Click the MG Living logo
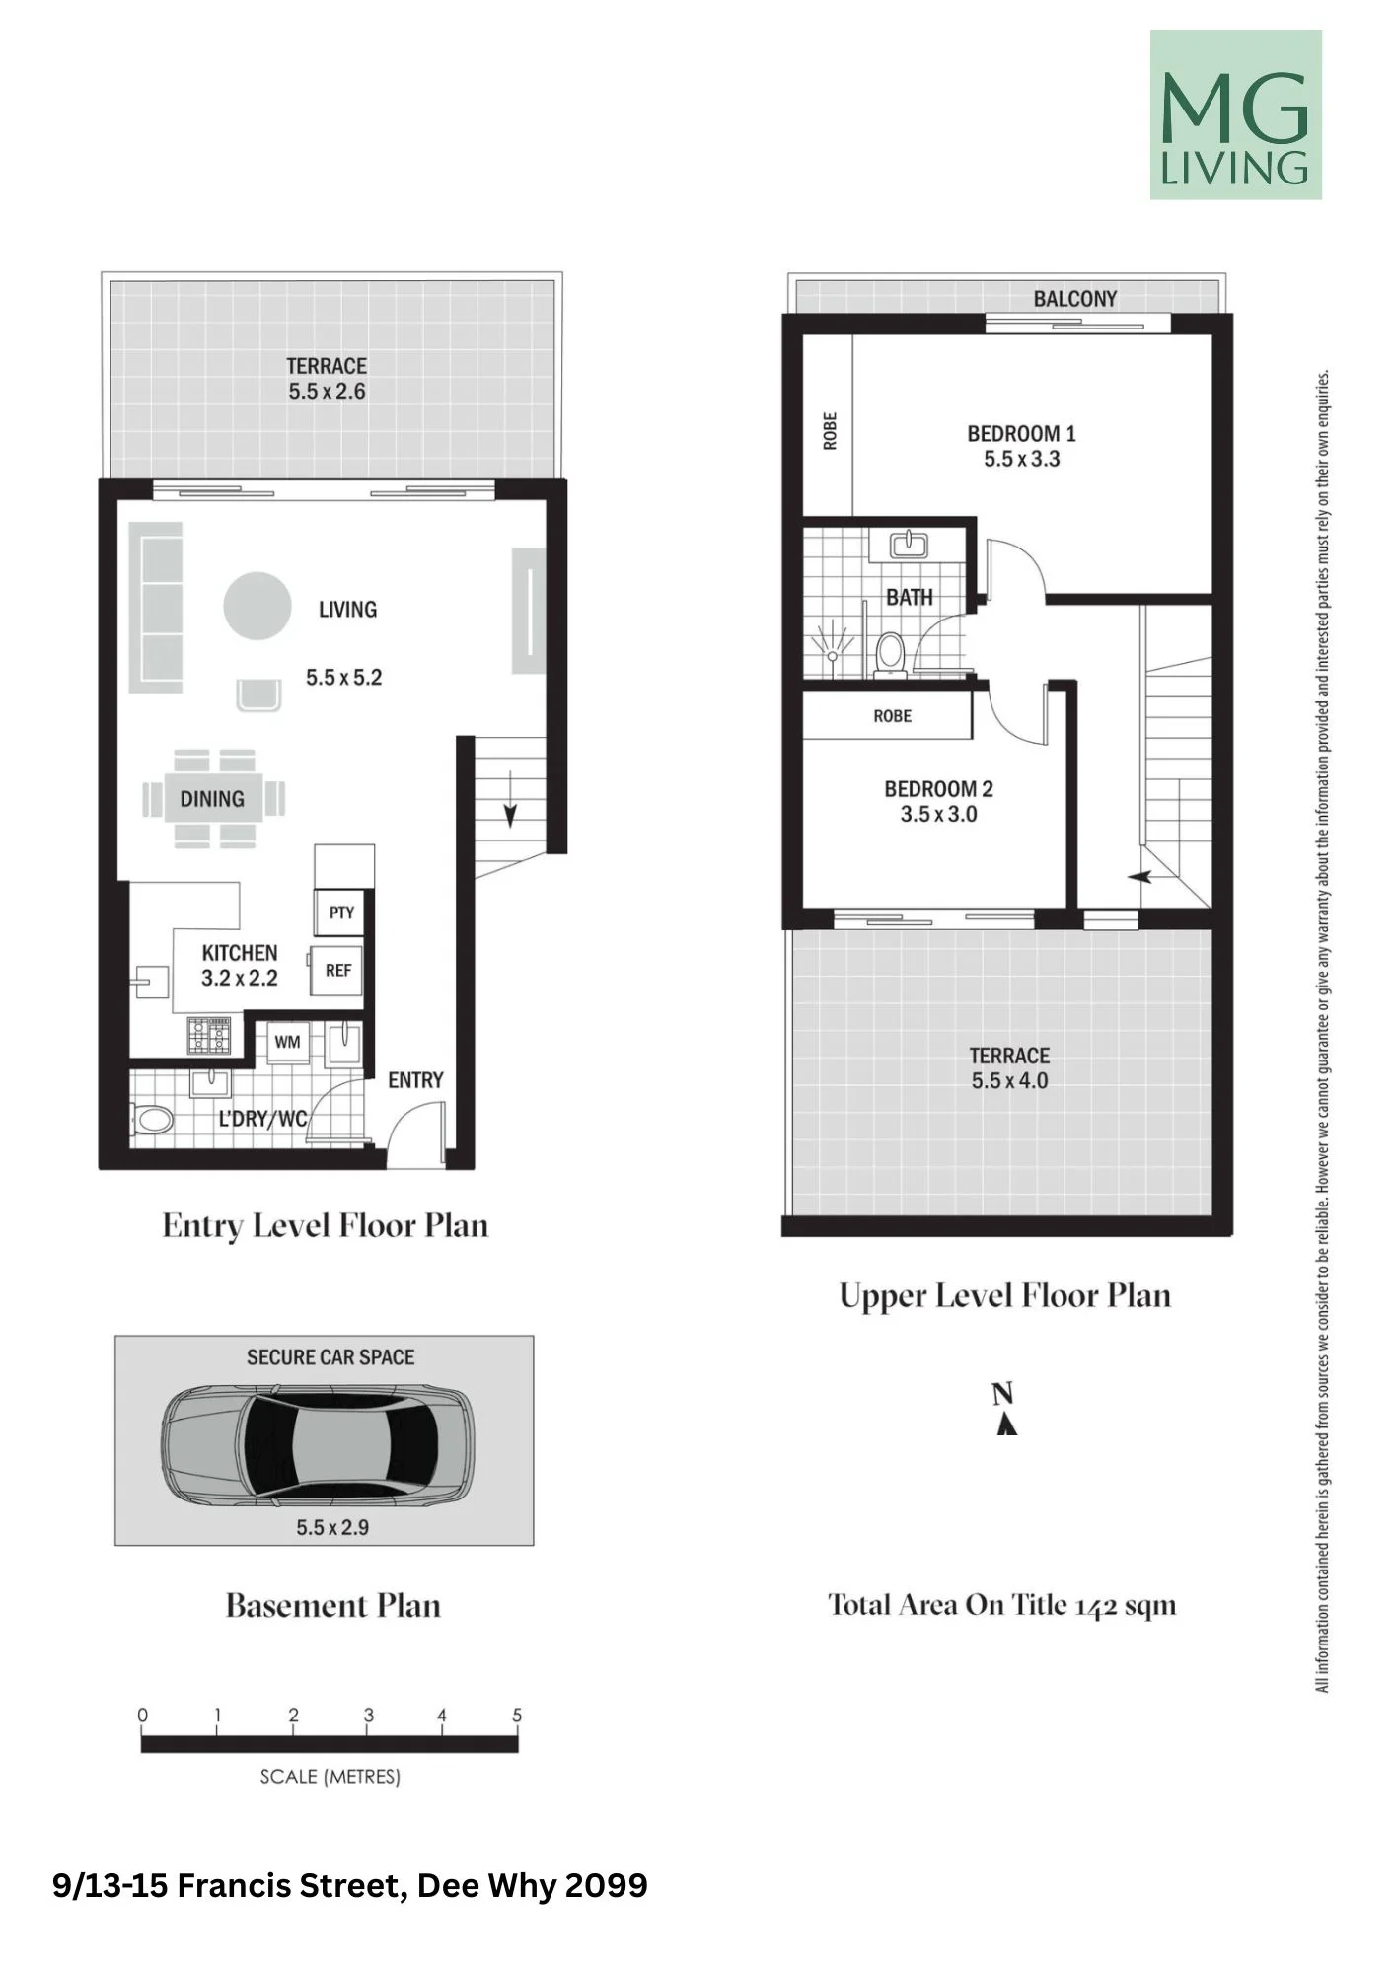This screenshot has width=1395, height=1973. [1235, 114]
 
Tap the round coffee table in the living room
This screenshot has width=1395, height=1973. [257, 607]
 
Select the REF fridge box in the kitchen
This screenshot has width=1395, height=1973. [337, 971]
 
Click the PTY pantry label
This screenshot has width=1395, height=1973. [341, 913]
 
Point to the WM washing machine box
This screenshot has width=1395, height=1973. [287, 1042]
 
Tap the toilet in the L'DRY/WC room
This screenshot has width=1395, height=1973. [153, 1120]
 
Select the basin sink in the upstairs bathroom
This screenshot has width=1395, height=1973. [907, 544]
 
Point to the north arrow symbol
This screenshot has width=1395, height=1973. [1005, 1425]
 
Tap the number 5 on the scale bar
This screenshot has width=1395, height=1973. [517, 1716]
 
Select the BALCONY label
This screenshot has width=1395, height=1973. [1075, 299]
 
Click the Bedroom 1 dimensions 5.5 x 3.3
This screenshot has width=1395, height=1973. [1022, 459]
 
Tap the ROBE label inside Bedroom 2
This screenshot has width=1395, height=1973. [892, 716]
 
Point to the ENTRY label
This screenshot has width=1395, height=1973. [415, 1080]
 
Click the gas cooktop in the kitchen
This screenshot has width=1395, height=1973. [209, 1035]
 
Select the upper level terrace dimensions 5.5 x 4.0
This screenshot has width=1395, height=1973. [1009, 1080]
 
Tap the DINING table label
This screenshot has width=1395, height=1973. [212, 799]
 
